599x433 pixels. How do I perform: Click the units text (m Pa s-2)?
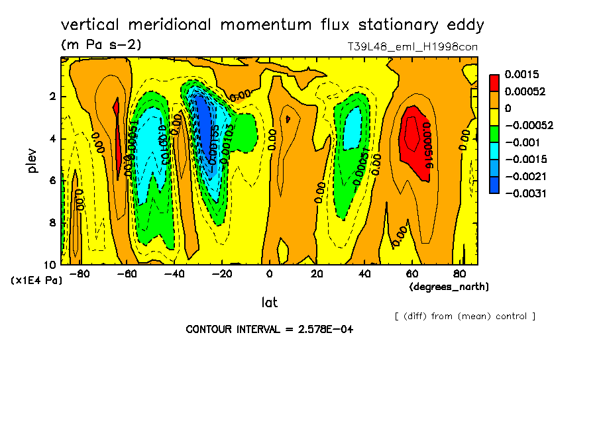click(101, 45)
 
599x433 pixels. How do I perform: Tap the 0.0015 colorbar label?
click(521, 75)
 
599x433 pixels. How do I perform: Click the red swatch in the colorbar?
click(494, 83)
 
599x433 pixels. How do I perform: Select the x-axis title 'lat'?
click(269, 303)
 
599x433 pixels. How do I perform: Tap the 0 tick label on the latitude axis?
click(269, 273)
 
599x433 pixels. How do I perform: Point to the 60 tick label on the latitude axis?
click(411, 273)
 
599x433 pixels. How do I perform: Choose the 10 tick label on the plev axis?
click(50, 265)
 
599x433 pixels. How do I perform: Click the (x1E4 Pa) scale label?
click(36, 281)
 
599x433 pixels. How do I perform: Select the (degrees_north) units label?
click(449, 287)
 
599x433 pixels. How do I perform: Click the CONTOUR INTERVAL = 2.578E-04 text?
click(269, 329)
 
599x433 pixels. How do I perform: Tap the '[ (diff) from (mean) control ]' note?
click(464, 316)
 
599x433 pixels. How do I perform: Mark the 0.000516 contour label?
click(427, 145)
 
